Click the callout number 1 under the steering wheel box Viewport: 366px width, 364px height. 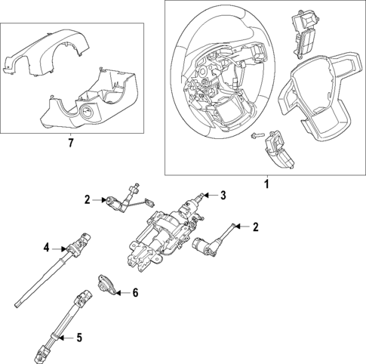click(x=265, y=184)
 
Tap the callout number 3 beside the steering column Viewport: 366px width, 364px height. click(x=223, y=195)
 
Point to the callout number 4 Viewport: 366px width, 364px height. click(x=45, y=246)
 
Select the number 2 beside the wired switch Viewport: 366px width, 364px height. click(x=88, y=199)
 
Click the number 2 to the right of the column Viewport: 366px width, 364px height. click(x=256, y=226)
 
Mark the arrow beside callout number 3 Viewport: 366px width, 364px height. click(x=211, y=195)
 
